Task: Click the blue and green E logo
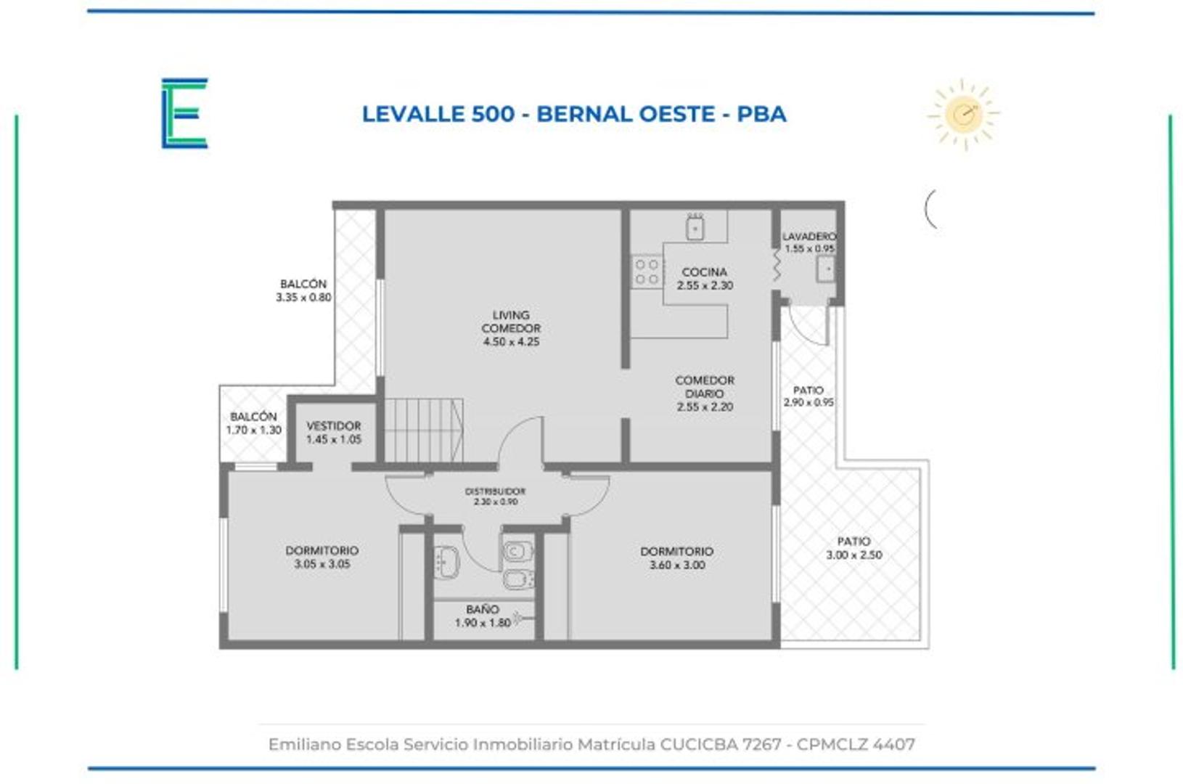(x=184, y=113)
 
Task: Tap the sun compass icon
(x=963, y=114)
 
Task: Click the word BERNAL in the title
(x=584, y=114)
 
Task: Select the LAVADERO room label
(x=809, y=237)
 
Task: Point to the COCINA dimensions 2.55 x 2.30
(x=705, y=286)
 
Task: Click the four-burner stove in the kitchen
(x=647, y=271)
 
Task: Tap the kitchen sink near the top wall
(x=695, y=228)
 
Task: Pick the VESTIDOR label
(x=333, y=426)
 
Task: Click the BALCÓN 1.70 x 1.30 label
(x=253, y=423)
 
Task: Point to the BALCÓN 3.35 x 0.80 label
(x=303, y=290)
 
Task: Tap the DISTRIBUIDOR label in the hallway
(x=495, y=491)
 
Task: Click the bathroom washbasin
(x=446, y=561)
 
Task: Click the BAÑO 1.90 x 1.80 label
(x=483, y=616)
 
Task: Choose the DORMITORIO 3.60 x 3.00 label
(x=676, y=558)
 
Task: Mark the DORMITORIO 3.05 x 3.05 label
(x=322, y=557)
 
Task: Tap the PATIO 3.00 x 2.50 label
(x=854, y=548)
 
